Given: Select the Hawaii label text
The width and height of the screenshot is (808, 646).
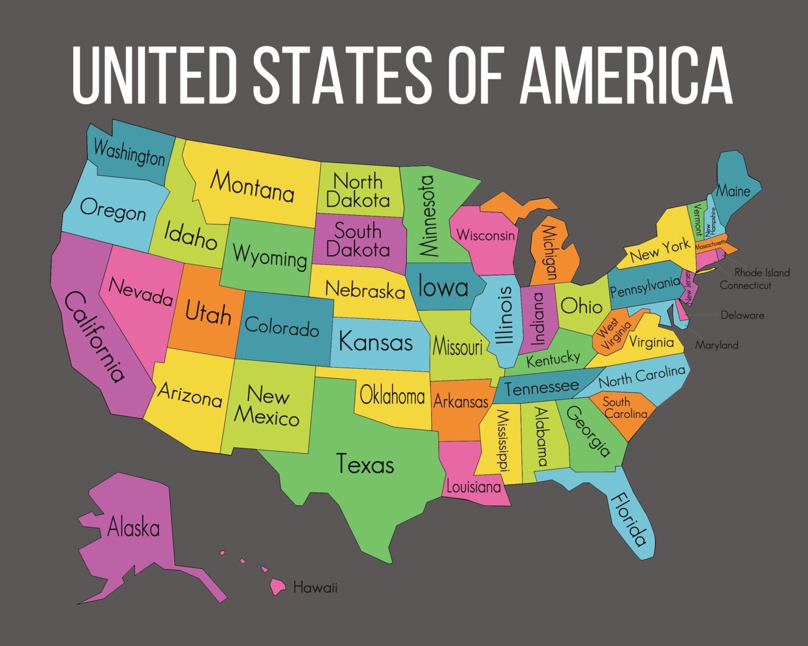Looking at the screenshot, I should click(x=315, y=587).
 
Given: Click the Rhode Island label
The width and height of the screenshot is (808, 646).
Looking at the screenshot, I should click(x=762, y=272).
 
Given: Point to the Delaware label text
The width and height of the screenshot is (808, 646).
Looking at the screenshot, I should click(x=742, y=315).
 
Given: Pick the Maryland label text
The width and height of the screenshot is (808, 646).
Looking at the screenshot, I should click(x=716, y=345).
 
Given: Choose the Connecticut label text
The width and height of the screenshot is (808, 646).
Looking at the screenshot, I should click(x=746, y=285).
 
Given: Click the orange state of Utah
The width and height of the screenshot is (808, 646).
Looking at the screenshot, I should click(x=202, y=323).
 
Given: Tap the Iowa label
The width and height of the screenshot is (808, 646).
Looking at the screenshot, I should click(x=443, y=286).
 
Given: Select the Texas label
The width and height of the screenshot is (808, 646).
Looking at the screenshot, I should click(x=365, y=464).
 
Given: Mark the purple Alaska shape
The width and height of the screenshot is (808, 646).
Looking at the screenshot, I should click(x=135, y=533).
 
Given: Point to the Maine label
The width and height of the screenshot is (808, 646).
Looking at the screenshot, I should click(x=733, y=191).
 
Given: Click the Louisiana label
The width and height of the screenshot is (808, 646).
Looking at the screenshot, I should click(x=473, y=487).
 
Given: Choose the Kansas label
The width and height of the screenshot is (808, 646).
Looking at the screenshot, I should click(x=375, y=342).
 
